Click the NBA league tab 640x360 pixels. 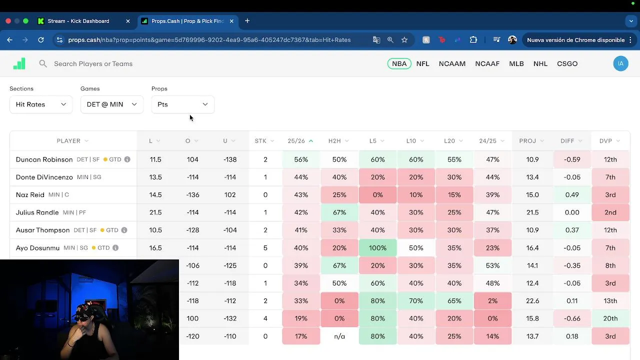point(399,63)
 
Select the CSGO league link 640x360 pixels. point(567,63)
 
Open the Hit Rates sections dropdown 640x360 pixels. point(40,104)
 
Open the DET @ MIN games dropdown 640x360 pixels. point(111,104)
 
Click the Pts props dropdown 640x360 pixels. point(182,104)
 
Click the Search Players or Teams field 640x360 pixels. point(93,63)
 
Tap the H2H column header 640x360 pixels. point(334,141)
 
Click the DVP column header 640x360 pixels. point(605,141)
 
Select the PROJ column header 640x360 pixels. point(527,141)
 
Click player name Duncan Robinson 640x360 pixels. point(44,159)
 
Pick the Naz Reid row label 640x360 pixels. point(30,195)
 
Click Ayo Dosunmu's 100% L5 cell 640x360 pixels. point(377,248)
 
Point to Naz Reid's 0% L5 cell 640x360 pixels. point(377,195)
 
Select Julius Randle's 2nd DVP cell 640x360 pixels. point(610,212)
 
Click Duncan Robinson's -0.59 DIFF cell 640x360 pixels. point(572,159)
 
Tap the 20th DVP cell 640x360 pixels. point(610,318)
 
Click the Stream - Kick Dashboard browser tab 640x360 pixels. point(78,21)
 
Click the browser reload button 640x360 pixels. point(41,40)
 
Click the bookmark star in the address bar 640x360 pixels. point(404,40)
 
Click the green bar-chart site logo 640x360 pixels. point(19,63)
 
